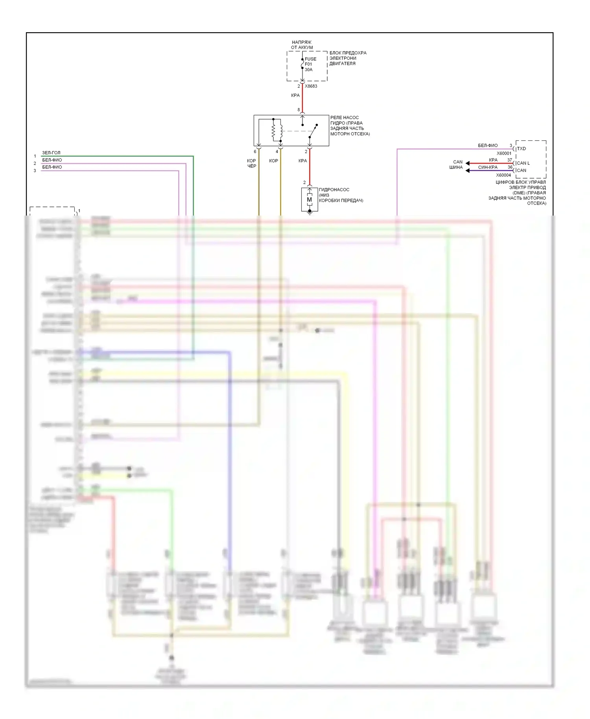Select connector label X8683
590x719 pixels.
[311, 86]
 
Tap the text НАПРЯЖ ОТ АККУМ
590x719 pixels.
[302, 45]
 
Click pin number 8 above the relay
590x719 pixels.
[299, 110]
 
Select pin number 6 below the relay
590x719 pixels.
[255, 152]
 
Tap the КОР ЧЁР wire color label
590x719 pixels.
[251, 163]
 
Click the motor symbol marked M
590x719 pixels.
[310, 200]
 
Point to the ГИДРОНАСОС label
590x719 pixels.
[334, 190]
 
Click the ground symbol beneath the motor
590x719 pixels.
[310, 212]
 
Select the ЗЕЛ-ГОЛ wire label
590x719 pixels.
[52, 153]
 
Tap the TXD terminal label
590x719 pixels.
[521, 149]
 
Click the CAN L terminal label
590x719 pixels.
[523, 163]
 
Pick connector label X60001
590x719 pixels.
[504, 153]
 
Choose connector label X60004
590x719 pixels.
[503, 175]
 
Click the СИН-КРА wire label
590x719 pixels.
[488, 167]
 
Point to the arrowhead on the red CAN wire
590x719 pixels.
[467, 163]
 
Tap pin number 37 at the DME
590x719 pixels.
[510, 160]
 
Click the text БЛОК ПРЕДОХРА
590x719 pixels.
[348, 53]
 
